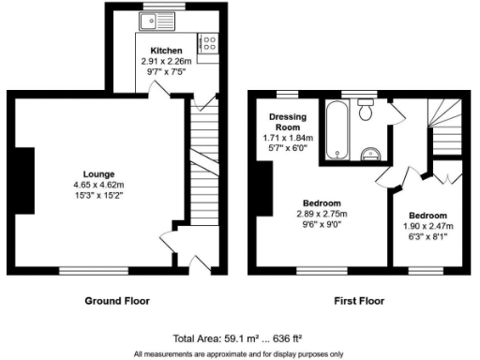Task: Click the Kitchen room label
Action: coord(153,50)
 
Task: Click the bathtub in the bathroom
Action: coord(336,130)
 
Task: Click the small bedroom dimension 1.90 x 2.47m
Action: coord(428,226)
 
